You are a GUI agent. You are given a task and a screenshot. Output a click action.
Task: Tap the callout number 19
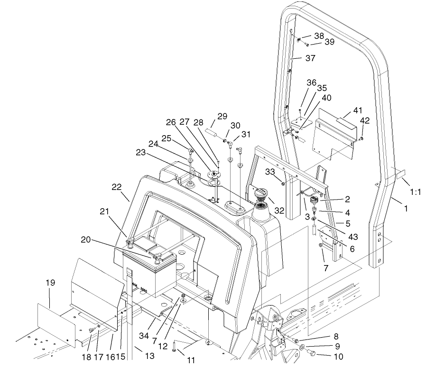[x=50, y=283]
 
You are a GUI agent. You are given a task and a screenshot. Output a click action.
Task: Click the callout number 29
[x=222, y=116]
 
